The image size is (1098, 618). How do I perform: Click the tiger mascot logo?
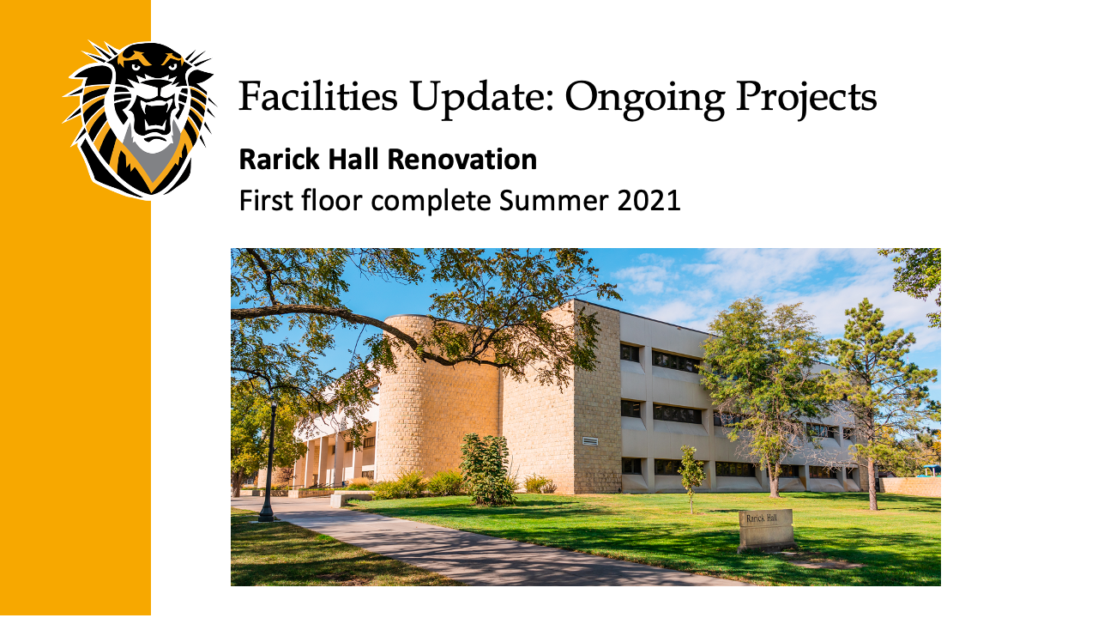click(140, 120)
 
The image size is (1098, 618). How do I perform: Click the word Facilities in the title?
click(317, 96)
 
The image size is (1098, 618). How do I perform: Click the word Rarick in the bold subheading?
click(280, 160)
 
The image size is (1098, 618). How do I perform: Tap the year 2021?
click(649, 201)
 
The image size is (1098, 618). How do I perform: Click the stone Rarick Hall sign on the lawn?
click(765, 530)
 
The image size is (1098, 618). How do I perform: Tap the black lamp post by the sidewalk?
click(268, 461)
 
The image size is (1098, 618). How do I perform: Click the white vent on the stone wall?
click(590, 441)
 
